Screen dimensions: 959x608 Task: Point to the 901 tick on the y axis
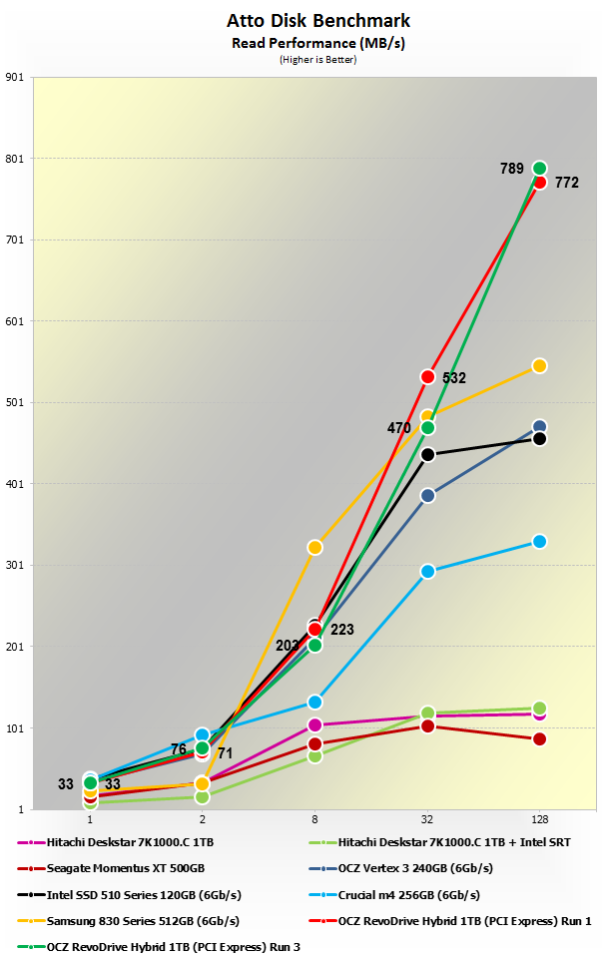click(x=15, y=77)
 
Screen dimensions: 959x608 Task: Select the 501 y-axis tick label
click(x=15, y=402)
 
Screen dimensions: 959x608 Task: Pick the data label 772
click(x=567, y=184)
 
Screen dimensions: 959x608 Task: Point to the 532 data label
click(x=454, y=378)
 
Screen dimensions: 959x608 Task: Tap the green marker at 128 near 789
click(x=539, y=168)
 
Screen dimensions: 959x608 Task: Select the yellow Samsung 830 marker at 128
click(x=539, y=365)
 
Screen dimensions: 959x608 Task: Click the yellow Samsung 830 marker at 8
click(x=314, y=547)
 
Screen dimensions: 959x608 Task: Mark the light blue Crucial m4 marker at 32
click(x=427, y=571)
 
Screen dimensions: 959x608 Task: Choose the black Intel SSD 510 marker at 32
click(x=427, y=454)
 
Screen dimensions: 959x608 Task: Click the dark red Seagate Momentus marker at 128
click(x=539, y=738)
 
